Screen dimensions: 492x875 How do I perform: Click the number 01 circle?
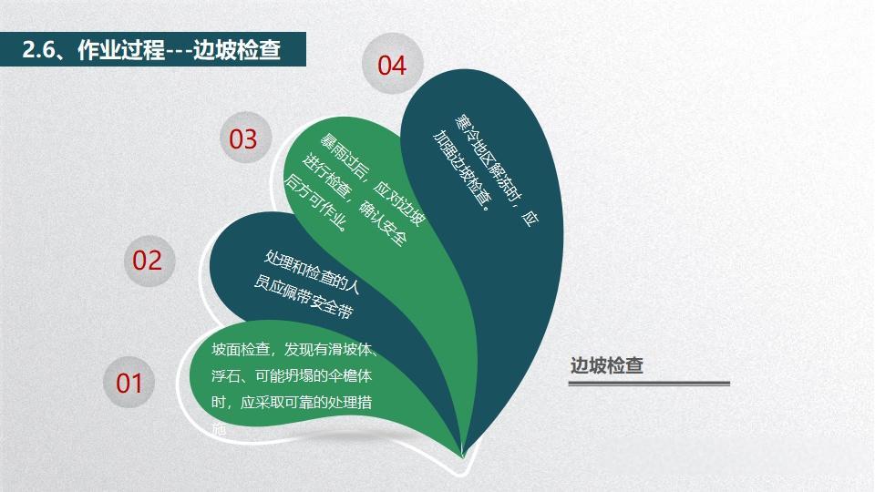(x=129, y=383)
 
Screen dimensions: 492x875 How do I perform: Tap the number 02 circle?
(x=147, y=261)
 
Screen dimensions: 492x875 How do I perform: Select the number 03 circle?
(x=243, y=139)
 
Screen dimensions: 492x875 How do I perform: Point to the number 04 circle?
(x=391, y=66)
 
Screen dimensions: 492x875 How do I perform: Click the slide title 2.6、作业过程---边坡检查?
(x=151, y=51)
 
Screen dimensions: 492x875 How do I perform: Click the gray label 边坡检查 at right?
(x=607, y=365)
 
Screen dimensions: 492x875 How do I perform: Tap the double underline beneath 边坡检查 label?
(x=649, y=384)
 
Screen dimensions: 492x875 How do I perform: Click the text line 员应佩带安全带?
(x=303, y=298)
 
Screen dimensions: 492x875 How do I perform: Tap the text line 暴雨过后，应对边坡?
(x=372, y=180)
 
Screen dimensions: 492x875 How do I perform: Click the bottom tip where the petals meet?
(x=463, y=452)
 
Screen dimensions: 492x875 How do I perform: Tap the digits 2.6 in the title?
(x=40, y=51)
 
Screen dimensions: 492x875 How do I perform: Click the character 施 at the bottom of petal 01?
(x=219, y=426)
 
